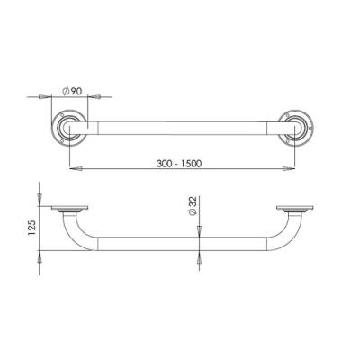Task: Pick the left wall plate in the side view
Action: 68,209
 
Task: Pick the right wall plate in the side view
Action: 298,209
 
